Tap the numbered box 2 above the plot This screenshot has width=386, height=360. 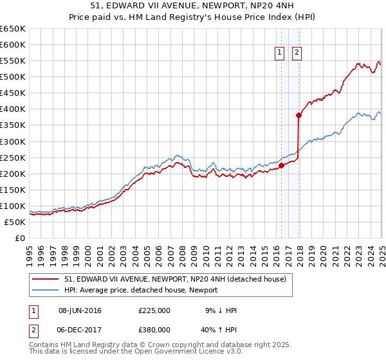[297, 53]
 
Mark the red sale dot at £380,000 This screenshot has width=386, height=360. [299, 116]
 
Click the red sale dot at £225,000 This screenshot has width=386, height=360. [281, 165]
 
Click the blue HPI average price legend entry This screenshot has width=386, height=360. [140, 290]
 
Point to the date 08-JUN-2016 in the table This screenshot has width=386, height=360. [80, 310]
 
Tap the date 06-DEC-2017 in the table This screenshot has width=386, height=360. [80, 331]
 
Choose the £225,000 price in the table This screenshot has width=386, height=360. [154, 310]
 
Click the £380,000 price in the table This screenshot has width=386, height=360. [154, 331]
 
